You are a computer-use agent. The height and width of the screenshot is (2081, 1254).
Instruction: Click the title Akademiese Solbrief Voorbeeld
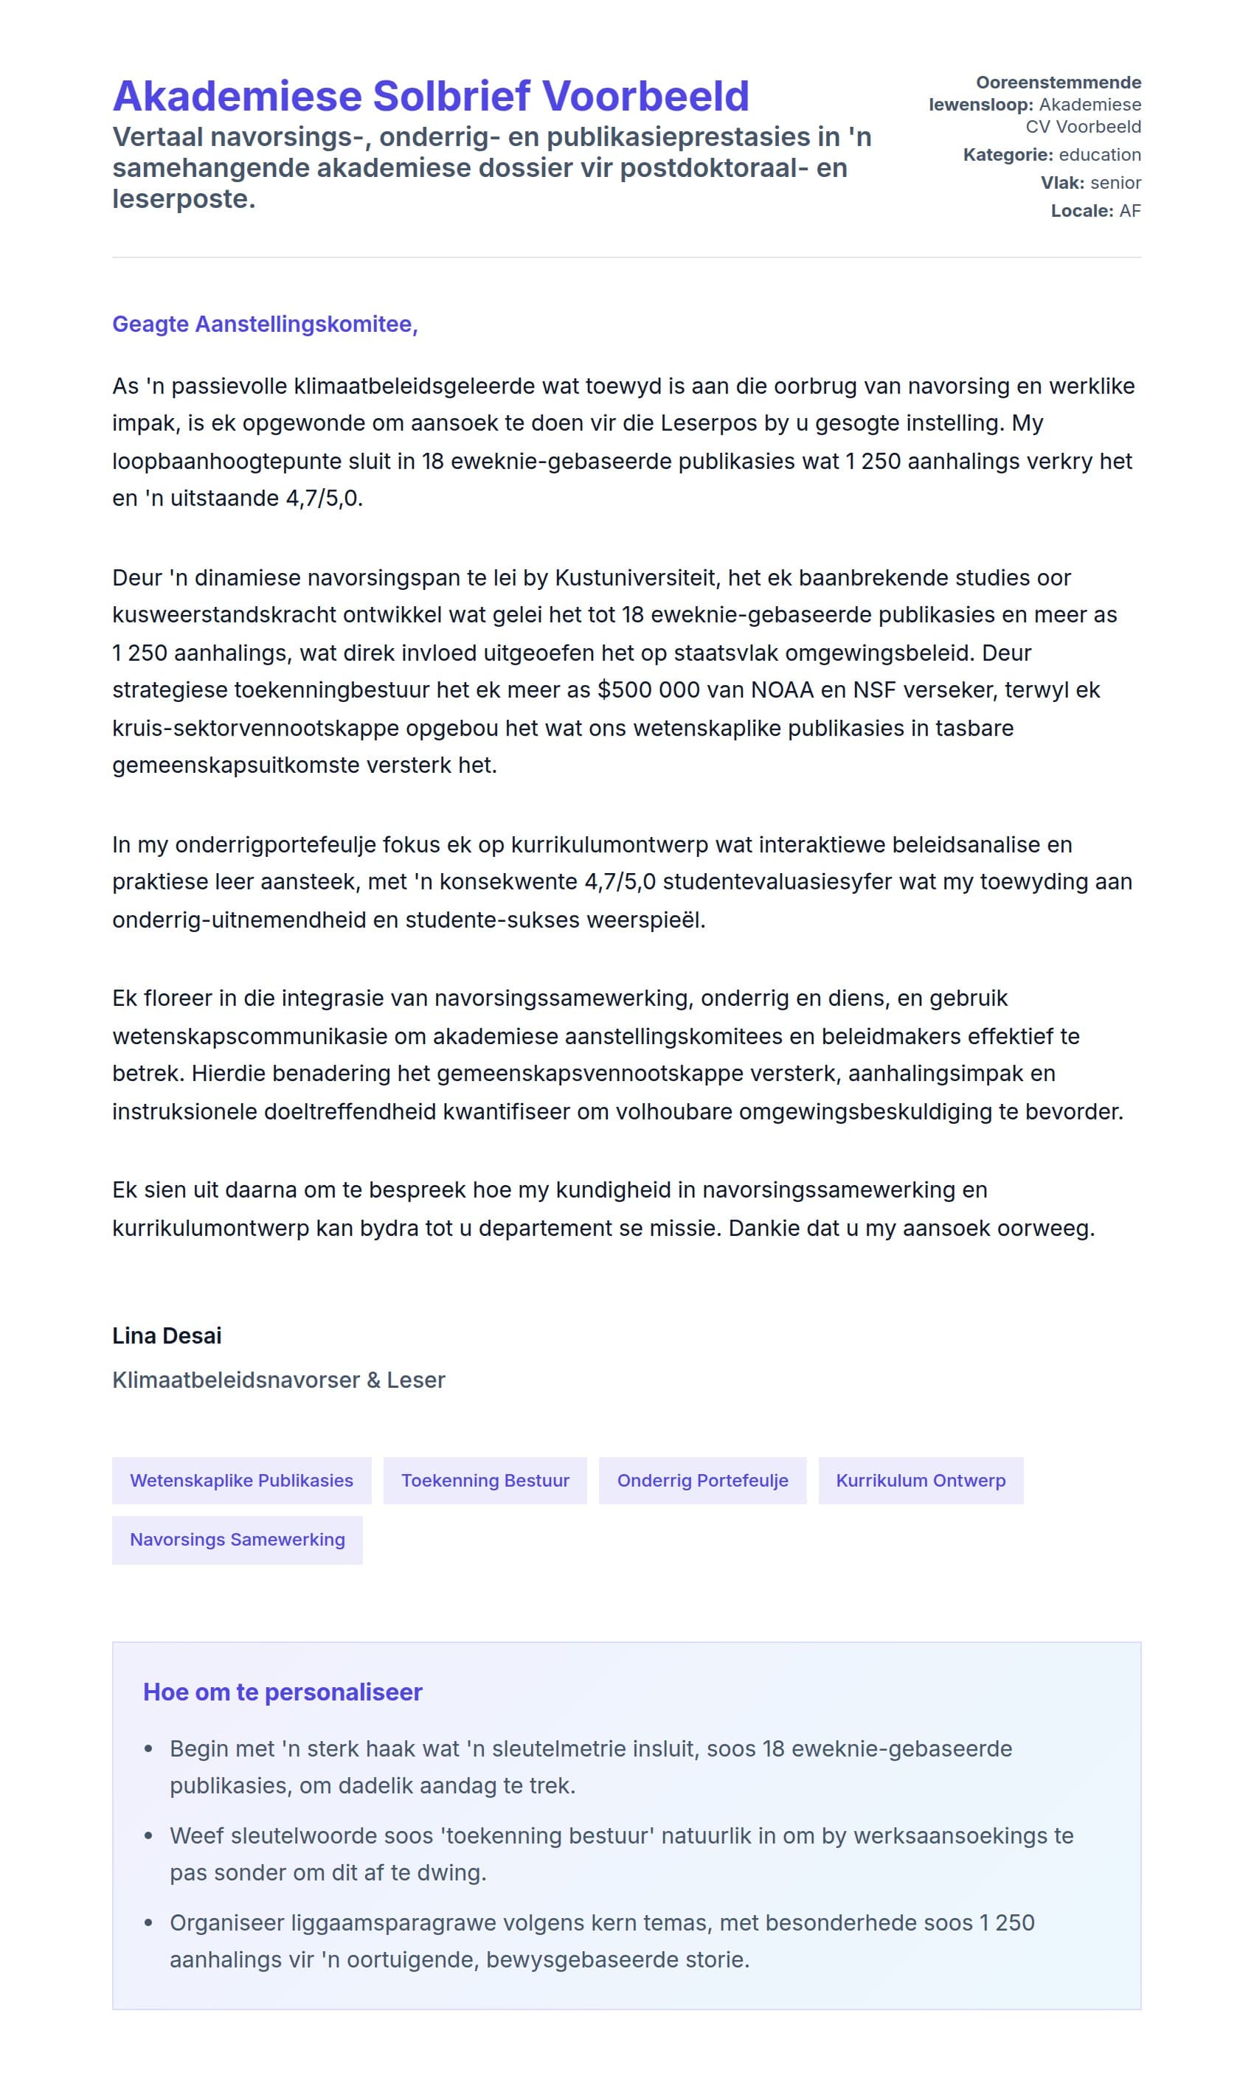coord(431,97)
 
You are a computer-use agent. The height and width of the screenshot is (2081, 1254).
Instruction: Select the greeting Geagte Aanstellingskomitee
coord(265,324)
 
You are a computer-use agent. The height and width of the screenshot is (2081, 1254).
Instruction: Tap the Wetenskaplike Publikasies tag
coord(242,1481)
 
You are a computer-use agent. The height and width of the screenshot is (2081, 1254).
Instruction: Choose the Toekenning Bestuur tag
coord(485,1481)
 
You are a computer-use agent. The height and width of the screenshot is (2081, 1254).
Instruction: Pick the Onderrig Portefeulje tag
coord(702,1481)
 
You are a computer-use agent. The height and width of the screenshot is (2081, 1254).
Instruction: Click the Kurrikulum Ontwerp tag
coord(921,1481)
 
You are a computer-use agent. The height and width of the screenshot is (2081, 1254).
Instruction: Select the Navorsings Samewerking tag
coord(238,1540)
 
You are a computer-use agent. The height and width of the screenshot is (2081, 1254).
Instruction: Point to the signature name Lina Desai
coord(167,1335)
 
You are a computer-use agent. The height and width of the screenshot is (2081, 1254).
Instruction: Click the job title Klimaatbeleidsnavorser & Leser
coord(278,1380)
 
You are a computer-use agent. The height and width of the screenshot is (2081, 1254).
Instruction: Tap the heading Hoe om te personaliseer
coord(283,1692)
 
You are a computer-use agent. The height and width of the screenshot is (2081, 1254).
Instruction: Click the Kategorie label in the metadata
coord(1007,156)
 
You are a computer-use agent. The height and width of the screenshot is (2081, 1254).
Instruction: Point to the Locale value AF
coord(1130,211)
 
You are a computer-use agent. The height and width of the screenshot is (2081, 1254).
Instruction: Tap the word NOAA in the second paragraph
coord(782,690)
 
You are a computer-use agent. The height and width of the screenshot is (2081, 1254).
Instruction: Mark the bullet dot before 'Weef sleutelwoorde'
coord(149,1836)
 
